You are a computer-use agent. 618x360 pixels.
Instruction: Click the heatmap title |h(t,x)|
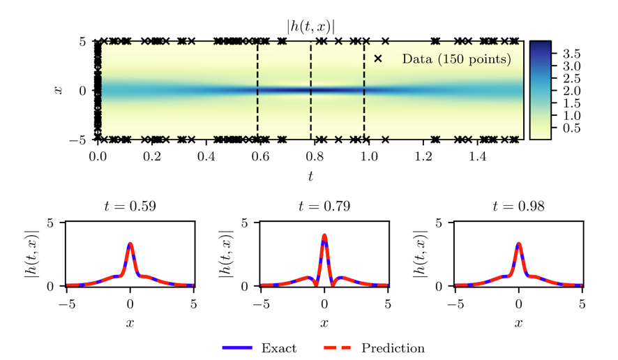pos(310,27)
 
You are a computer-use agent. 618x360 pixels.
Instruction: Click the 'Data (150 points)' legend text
pos(456,59)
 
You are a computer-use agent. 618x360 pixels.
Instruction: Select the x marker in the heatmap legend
pos(378,59)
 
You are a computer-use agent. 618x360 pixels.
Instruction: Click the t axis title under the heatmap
pos(310,176)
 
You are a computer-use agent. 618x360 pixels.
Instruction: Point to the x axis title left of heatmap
pos(59,90)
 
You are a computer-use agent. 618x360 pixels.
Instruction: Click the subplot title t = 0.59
pos(130,207)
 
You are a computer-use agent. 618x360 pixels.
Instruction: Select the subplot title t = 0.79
pos(324,207)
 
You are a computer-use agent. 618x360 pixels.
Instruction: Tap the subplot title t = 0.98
pos(518,207)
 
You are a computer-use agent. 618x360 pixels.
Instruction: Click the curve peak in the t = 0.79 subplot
pos(324,235)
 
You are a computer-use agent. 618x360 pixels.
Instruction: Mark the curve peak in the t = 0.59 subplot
pos(130,243)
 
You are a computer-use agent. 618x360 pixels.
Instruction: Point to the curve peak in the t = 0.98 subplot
pos(518,243)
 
